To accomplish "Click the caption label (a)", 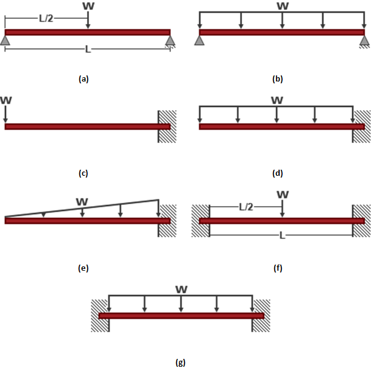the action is point(83,79).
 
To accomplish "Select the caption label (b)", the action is point(278,79).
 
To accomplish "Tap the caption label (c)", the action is point(83,173).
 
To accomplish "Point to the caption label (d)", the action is point(278,173).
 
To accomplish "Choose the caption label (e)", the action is point(83,268).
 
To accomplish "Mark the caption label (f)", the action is point(278,268).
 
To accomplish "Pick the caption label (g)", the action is point(180,363).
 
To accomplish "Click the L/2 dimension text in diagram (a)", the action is point(46,18).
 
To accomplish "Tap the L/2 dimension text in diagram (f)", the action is point(246,207).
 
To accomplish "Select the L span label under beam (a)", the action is point(88,49).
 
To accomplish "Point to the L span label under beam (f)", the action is point(282,235).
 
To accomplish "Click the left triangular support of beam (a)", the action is point(5,40).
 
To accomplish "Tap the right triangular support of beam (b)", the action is point(364,40).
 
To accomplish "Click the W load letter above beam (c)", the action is point(5,100).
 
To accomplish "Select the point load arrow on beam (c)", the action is point(5,114).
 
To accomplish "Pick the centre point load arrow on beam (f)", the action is point(282,209).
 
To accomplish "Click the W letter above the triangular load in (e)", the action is point(82,202).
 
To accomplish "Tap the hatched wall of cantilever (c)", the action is point(167,127).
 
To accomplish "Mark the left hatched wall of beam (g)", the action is point(100,316).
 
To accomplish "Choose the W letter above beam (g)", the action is point(182,290).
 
